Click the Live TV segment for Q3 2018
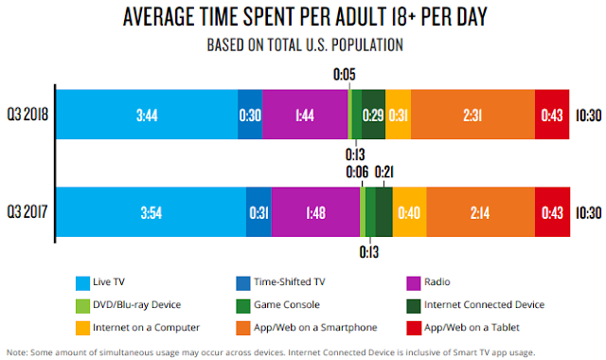[x=147, y=115]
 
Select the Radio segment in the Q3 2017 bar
[x=315, y=211]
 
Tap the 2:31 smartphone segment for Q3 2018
[x=473, y=115]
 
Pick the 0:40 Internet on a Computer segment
[x=409, y=211]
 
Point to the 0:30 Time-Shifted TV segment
[x=250, y=115]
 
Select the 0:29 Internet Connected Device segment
[x=373, y=115]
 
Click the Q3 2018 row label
[x=27, y=115]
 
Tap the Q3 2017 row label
[x=27, y=211]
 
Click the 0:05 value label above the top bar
[x=347, y=72]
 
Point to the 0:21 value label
[x=386, y=171]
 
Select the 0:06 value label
[x=357, y=171]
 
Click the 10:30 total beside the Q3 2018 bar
[x=587, y=115]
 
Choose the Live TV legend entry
[x=110, y=281]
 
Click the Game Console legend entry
[x=284, y=304]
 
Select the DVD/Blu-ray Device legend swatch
[x=82, y=304]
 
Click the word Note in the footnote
[x=17, y=351]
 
